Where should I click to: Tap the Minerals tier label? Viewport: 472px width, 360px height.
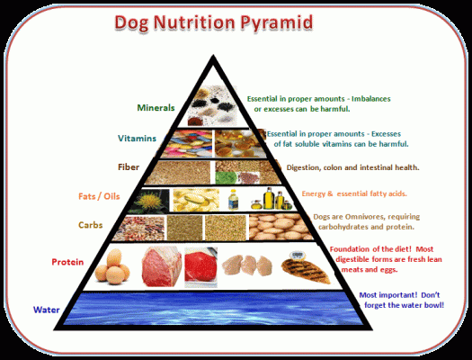[156, 107]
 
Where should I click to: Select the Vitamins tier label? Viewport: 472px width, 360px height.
[137, 139]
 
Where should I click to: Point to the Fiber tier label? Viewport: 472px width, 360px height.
[129, 166]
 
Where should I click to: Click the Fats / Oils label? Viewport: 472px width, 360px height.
[99, 196]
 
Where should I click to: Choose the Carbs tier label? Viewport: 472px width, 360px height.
[90, 225]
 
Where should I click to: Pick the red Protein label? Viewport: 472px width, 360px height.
[67, 262]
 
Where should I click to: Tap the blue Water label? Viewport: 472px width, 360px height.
[47, 310]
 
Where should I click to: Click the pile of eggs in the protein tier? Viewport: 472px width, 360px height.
[112, 267]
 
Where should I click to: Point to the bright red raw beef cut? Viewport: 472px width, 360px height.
[200, 266]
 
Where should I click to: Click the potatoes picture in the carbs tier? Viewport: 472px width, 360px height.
[280, 227]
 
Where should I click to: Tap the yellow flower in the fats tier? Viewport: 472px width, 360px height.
[151, 201]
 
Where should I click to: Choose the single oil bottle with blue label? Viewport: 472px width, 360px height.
[233, 200]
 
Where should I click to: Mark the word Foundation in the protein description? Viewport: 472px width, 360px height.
[350, 249]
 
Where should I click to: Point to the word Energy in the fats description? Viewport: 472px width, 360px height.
[314, 193]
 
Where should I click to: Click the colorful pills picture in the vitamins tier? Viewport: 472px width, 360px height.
[187, 144]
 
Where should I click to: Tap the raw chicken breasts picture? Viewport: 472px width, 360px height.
[247, 265]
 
